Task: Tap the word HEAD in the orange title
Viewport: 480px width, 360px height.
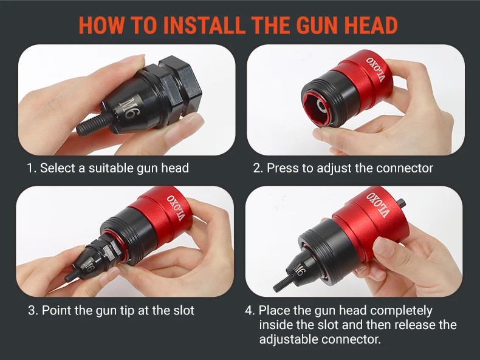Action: pos(371,25)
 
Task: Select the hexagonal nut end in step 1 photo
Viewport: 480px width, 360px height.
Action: pos(177,84)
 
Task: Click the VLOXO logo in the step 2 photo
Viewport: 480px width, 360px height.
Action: pos(375,69)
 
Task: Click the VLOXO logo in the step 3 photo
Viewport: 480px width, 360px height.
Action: pos(176,208)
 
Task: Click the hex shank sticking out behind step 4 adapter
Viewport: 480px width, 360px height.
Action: pos(402,203)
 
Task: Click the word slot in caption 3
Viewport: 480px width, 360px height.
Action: pos(183,310)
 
